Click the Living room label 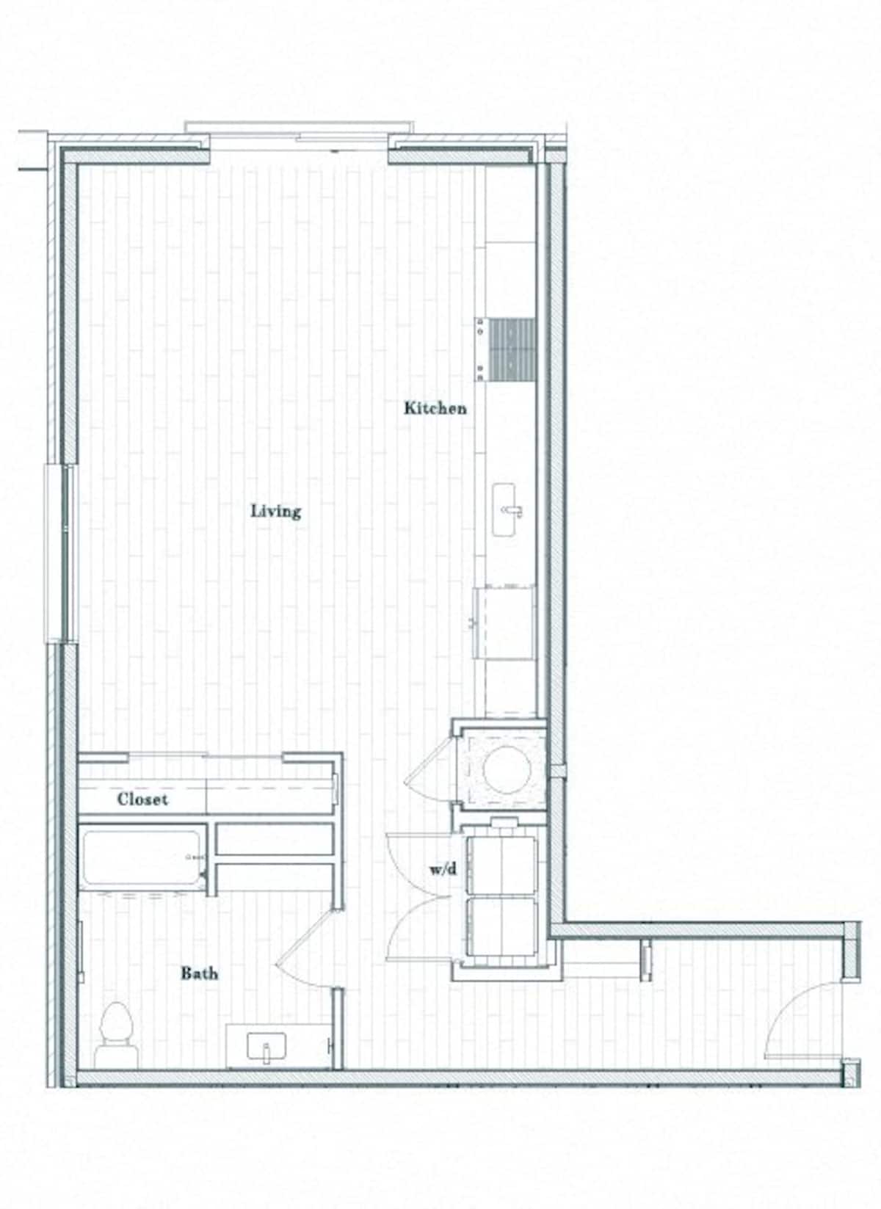tap(276, 511)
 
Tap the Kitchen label tap(435, 408)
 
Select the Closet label tap(142, 799)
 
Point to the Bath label tap(199, 973)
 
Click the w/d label tap(443, 870)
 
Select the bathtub tap(144, 857)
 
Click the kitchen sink tap(506, 510)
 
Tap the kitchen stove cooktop tap(512, 349)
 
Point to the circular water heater tap(507, 769)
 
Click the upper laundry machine tap(502, 865)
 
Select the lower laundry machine tap(502, 927)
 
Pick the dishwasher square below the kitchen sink tap(506, 622)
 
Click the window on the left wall tap(67, 553)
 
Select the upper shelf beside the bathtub tap(275, 839)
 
